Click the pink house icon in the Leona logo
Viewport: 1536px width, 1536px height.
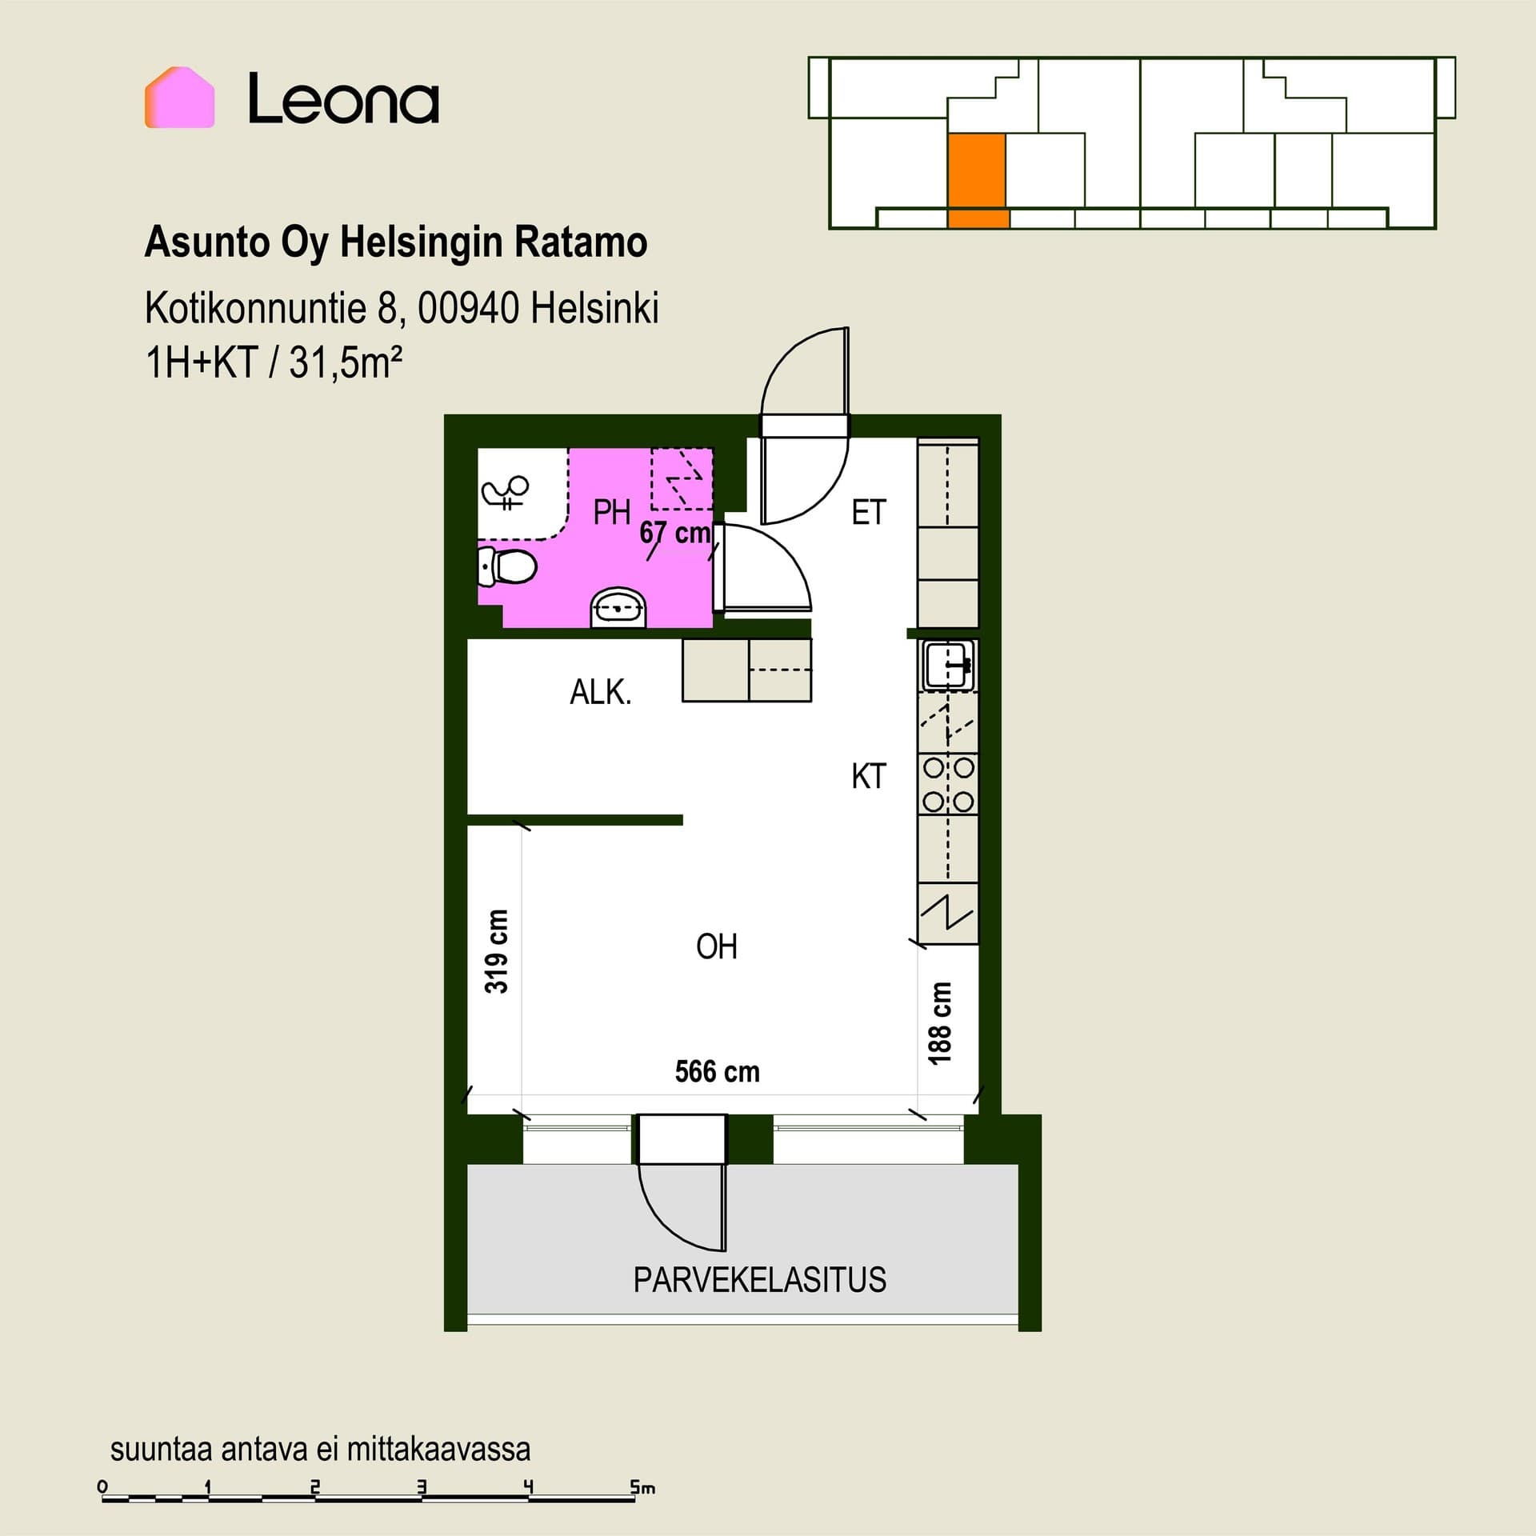point(179,98)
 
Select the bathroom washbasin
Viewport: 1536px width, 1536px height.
point(618,609)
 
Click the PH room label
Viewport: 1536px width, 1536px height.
point(612,513)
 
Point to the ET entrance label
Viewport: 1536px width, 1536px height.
point(869,513)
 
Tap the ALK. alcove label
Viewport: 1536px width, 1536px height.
point(601,692)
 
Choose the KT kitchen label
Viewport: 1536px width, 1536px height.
point(869,777)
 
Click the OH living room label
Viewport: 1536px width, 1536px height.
point(717,947)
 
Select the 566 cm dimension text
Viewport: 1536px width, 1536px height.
point(718,1072)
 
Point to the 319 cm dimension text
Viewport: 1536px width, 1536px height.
point(497,951)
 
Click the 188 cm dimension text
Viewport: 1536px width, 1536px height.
point(940,1023)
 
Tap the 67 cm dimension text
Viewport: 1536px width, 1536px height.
point(675,533)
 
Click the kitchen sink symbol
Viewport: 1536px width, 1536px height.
point(948,665)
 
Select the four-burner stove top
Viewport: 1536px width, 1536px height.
point(948,784)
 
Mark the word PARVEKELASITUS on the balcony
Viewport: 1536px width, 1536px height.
point(760,1280)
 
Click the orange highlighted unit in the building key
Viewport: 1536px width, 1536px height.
point(977,181)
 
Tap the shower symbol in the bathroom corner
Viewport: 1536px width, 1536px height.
point(506,492)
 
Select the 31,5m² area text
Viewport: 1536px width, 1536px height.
point(345,362)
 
